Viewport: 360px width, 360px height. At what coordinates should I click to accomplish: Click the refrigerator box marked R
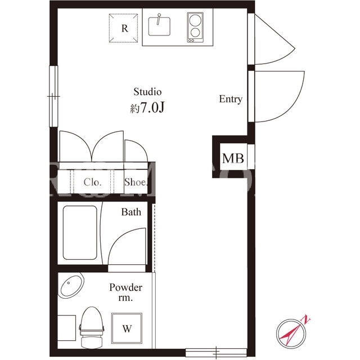(x=124, y=28)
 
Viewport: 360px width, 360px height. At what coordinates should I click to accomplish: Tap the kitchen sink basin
(x=159, y=26)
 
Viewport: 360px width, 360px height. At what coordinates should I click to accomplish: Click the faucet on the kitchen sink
(x=159, y=19)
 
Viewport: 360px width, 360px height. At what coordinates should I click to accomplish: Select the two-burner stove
(x=195, y=28)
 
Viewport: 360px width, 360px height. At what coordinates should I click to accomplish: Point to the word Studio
(x=147, y=92)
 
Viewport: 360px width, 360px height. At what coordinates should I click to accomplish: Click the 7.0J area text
(x=147, y=107)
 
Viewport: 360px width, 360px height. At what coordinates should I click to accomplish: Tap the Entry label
(x=231, y=99)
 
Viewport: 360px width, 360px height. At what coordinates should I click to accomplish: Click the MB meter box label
(x=233, y=159)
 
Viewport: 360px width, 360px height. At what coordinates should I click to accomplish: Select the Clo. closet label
(x=92, y=182)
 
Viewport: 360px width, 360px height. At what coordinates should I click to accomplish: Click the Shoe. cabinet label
(x=136, y=182)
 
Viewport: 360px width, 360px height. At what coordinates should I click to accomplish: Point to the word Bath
(x=131, y=212)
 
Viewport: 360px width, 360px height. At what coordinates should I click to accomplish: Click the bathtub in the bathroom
(x=80, y=233)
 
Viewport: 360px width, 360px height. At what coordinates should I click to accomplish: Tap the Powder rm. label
(x=125, y=292)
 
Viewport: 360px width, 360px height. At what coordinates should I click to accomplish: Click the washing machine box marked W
(x=127, y=328)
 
